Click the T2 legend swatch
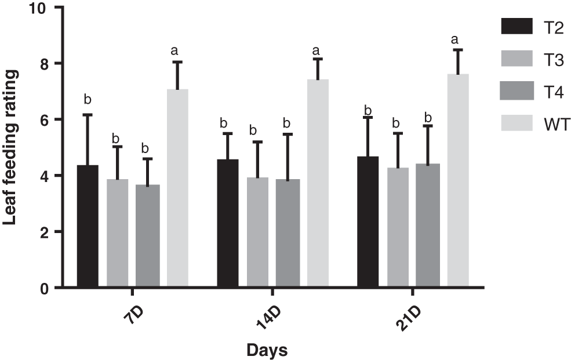516,26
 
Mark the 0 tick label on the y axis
45,288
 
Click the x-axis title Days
267,350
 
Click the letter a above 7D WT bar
174,50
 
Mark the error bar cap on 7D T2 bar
88,115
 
